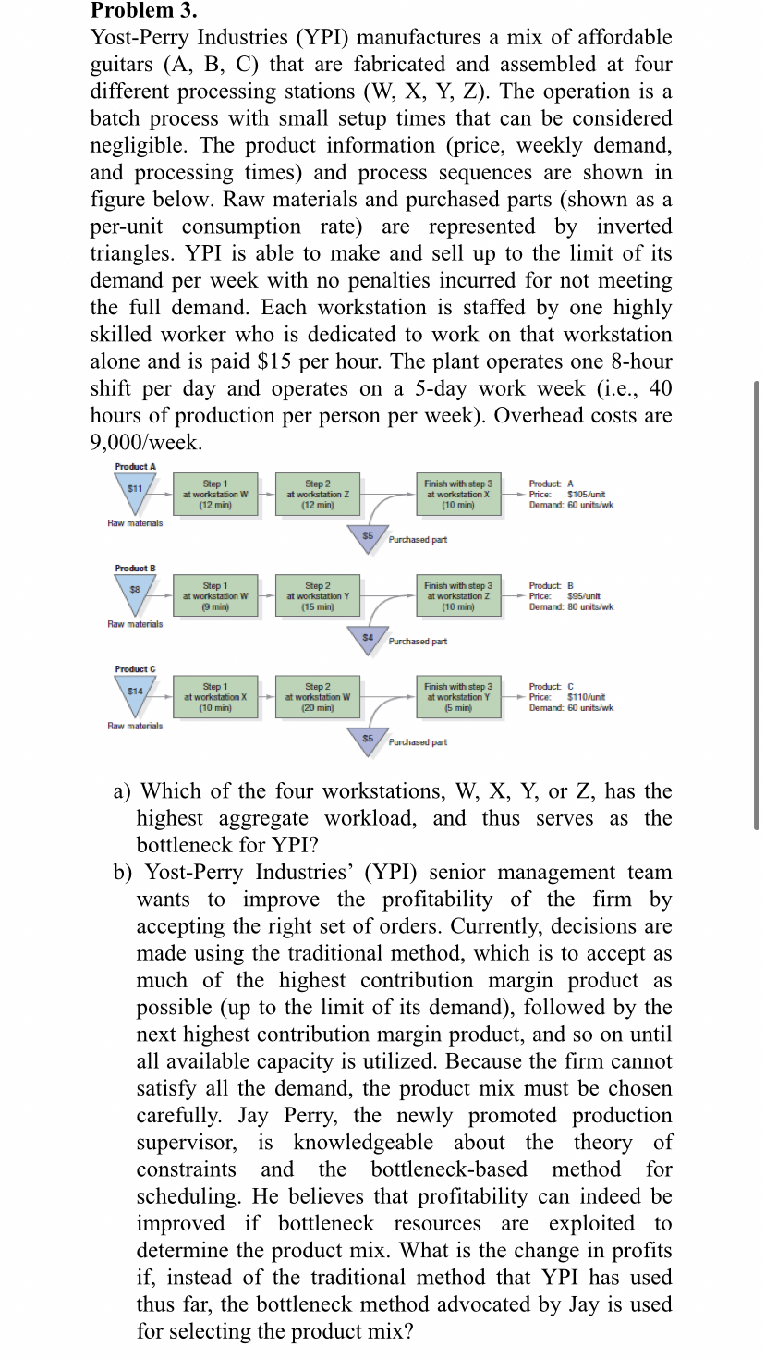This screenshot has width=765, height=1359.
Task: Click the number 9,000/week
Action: tap(144, 442)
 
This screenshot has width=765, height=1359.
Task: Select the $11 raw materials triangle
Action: tap(135, 491)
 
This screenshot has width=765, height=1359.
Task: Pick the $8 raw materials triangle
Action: tap(135, 592)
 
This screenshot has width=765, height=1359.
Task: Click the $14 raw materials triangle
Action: tap(135, 693)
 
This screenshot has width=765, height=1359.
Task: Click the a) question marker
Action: tap(122, 791)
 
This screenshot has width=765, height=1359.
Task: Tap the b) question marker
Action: tap(123, 873)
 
